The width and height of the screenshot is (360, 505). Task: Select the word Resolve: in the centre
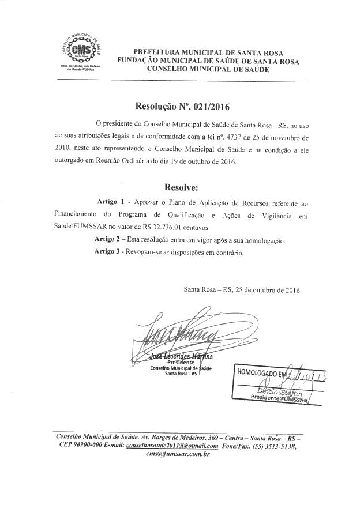click(181, 187)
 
